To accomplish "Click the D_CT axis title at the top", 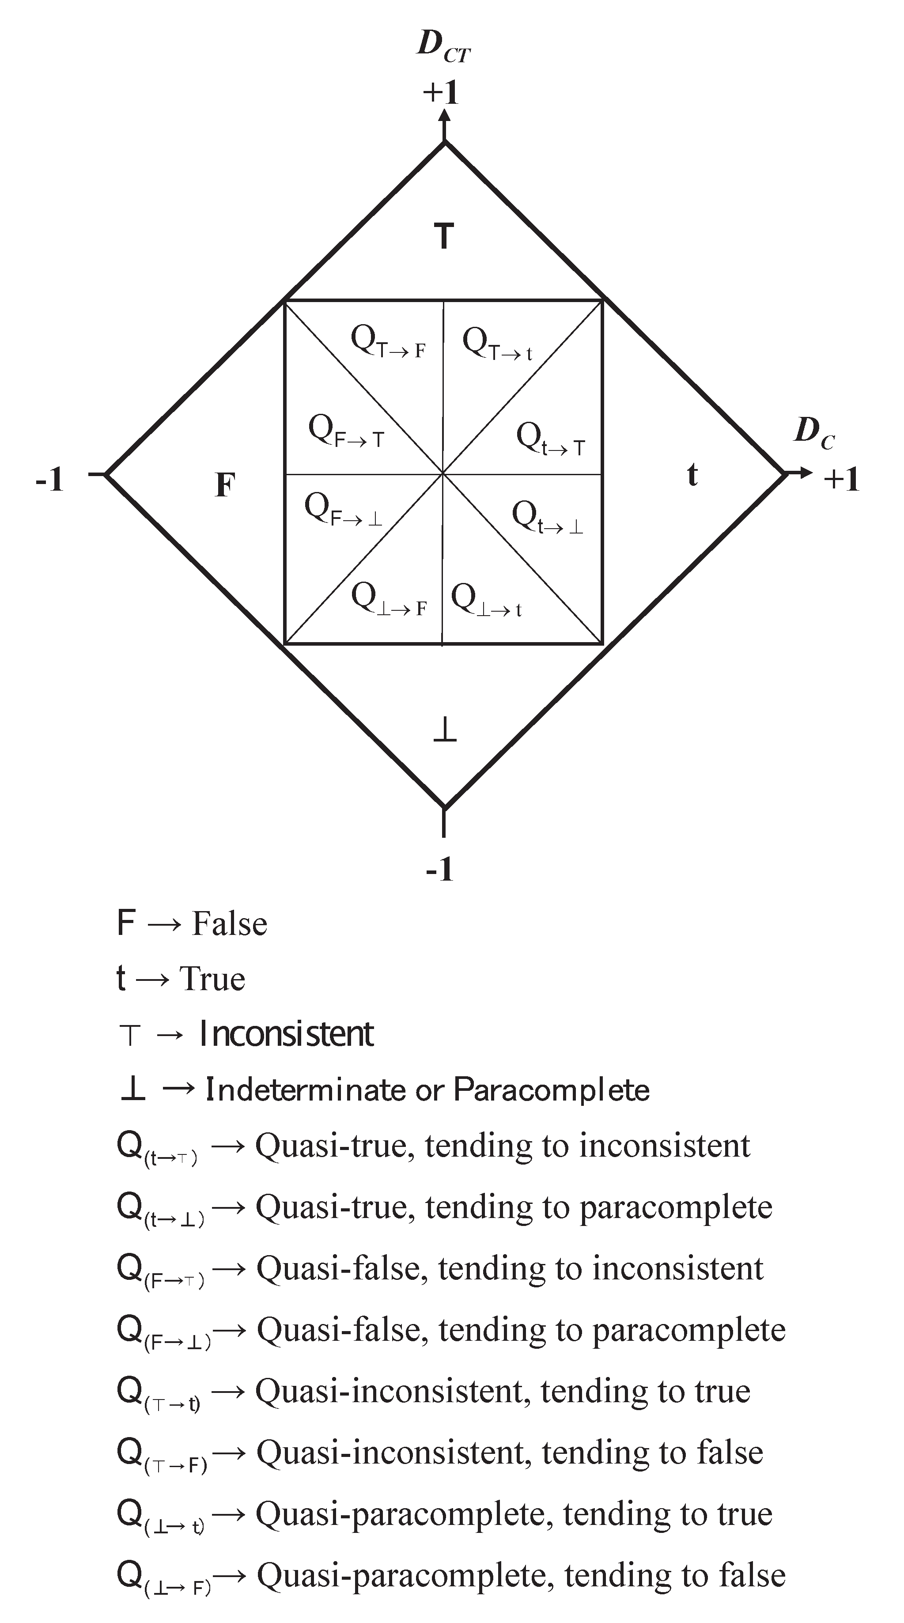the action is coord(443,47).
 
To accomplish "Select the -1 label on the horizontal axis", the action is coord(50,480).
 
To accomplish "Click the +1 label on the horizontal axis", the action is coord(841,480).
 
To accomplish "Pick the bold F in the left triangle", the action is coord(225,485).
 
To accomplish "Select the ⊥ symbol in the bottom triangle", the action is coord(445,731).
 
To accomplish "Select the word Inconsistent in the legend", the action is coord(286,1034).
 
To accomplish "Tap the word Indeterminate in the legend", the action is coord(306,1090).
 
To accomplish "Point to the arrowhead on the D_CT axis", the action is coord(445,115).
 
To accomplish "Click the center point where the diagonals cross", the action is coord(443,473).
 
